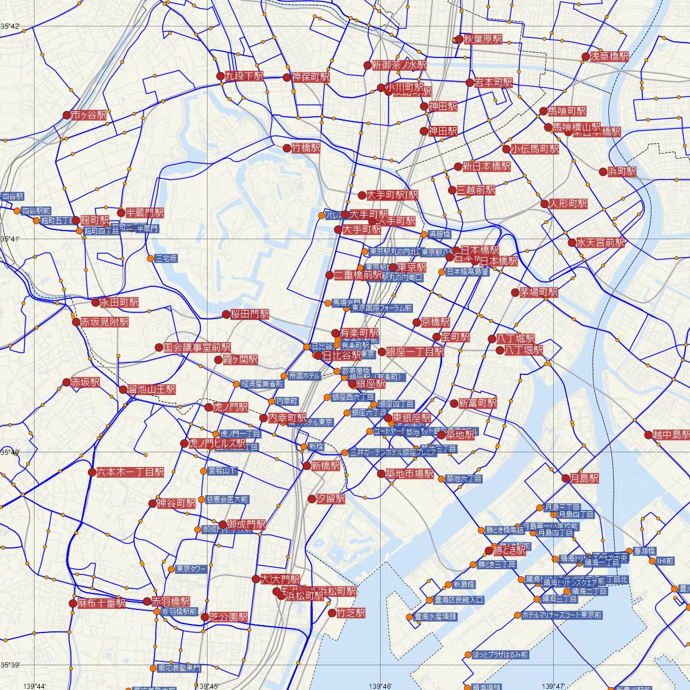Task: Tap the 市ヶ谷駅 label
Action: (89, 115)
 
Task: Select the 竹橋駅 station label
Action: (305, 148)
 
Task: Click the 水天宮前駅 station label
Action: (600, 243)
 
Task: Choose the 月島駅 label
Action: (584, 478)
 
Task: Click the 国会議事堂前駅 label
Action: (197, 347)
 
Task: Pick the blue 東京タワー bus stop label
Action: (191, 569)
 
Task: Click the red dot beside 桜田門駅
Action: (226, 315)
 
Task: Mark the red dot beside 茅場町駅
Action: (515, 292)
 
